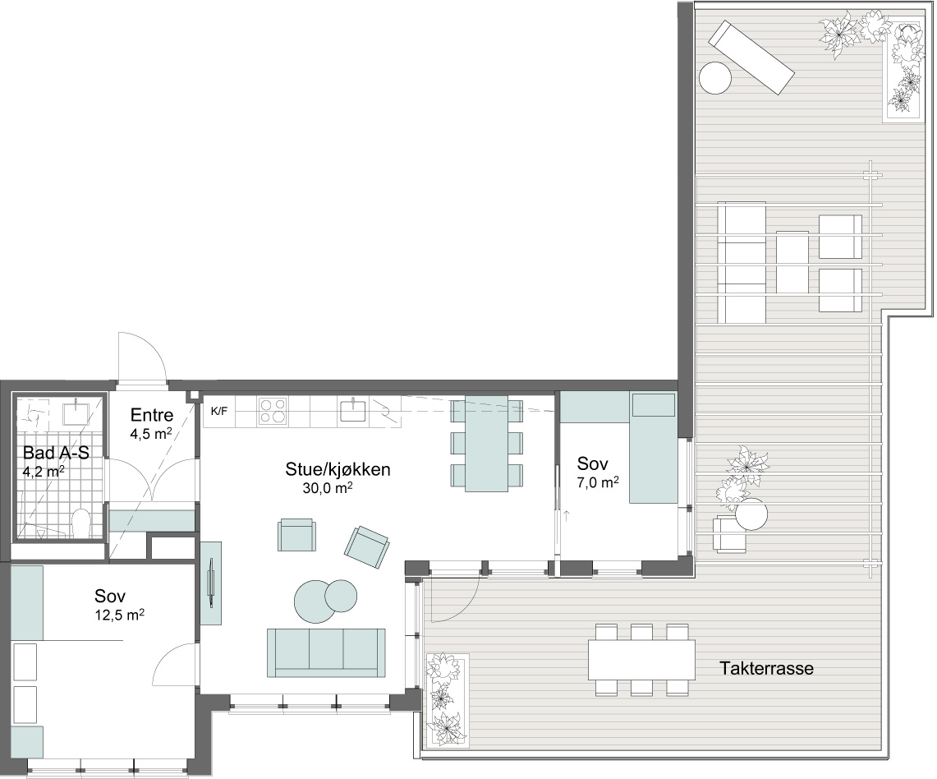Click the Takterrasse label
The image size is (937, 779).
tap(766, 668)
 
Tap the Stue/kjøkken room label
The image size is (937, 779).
tap(338, 469)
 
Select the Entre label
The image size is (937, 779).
tap(152, 415)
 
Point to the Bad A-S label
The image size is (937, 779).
tap(56, 453)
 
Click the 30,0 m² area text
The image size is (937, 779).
tap(328, 488)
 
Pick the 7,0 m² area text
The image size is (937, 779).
tap(598, 482)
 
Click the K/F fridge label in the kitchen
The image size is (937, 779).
tap(219, 412)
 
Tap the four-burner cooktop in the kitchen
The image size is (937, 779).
tap(272, 411)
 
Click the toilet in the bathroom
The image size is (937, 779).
tap(80, 523)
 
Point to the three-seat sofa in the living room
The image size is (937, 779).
tap(326, 652)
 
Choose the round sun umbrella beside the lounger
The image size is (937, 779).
tap(715, 78)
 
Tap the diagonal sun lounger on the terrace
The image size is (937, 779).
tap(751, 58)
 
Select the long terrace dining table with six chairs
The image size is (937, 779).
tap(642, 660)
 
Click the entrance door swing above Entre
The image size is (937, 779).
tap(142, 357)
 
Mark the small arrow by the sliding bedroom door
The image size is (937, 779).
tap(566, 514)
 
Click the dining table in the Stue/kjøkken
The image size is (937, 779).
tap(486, 444)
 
